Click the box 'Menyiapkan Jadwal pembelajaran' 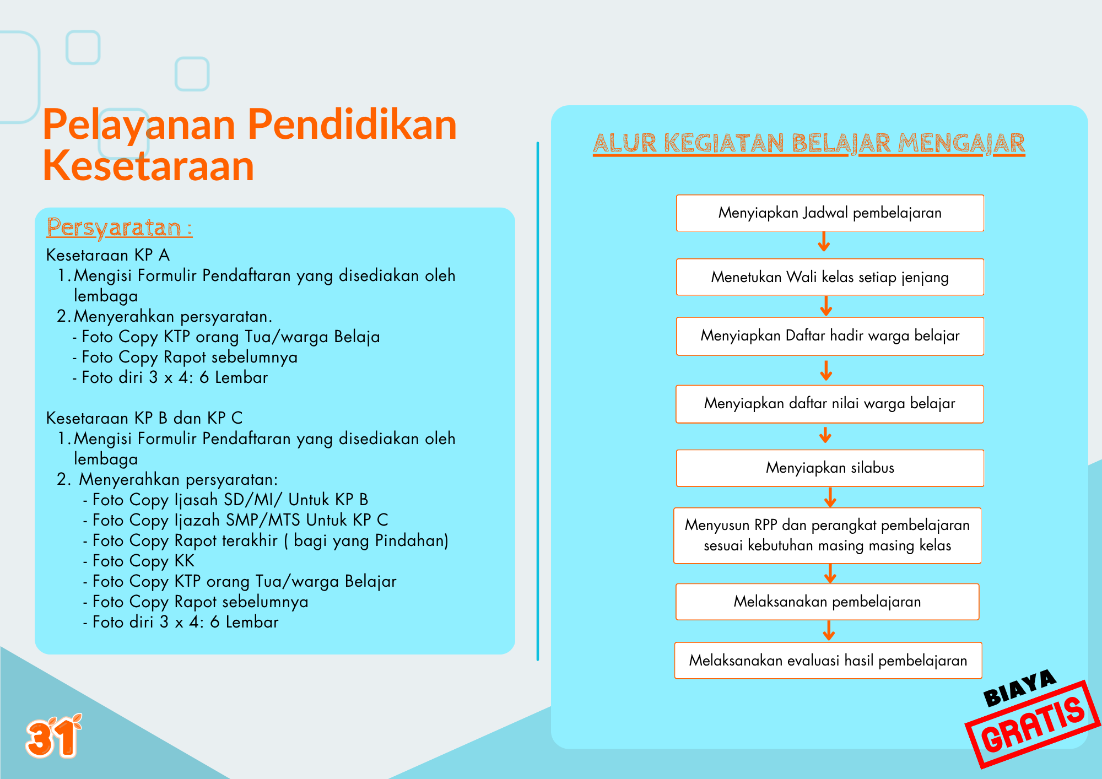click(x=830, y=213)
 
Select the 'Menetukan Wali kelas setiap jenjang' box click(x=830, y=277)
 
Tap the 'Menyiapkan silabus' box click(x=830, y=468)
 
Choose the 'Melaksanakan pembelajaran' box click(x=827, y=602)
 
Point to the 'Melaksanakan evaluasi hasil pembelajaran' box click(x=828, y=660)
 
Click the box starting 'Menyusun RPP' click(x=827, y=535)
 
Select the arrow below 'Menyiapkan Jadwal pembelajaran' click(x=824, y=241)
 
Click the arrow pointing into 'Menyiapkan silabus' click(x=825, y=435)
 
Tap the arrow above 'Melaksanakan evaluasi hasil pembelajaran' click(x=828, y=631)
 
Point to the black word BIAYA click(x=1019, y=688)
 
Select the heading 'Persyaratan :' click(x=120, y=228)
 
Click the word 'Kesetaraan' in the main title click(x=148, y=165)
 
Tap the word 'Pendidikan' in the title click(x=352, y=124)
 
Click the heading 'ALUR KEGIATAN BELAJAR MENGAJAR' click(x=809, y=143)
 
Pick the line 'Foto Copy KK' click(x=139, y=561)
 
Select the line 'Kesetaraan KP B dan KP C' click(x=144, y=418)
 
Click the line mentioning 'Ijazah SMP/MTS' click(x=235, y=520)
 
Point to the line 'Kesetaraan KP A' click(x=108, y=255)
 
